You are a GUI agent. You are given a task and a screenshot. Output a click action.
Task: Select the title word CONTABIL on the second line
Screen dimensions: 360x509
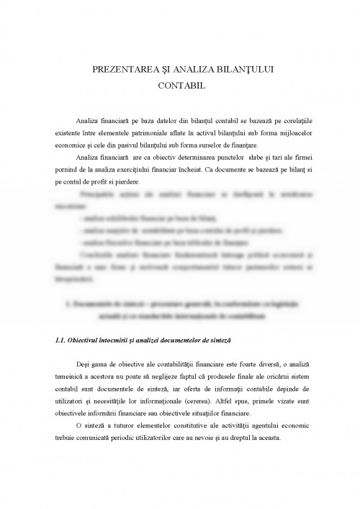click(180, 84)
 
